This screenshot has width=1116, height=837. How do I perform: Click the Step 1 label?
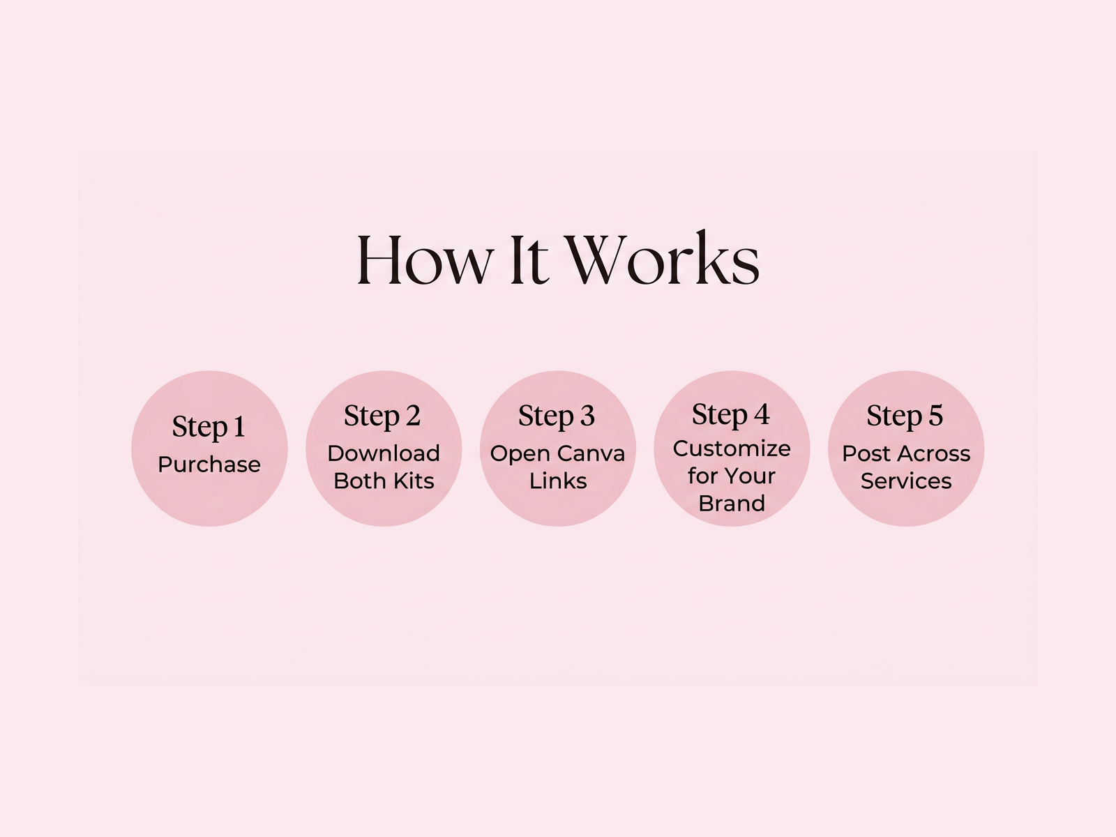(209, 427)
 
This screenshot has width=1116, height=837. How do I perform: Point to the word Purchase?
(209, 465)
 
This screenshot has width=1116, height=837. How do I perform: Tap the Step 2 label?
(382, 416)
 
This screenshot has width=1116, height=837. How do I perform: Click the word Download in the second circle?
(384, 453)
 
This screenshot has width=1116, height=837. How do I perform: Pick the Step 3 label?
(557, 416)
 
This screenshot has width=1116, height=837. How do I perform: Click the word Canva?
(595, 453)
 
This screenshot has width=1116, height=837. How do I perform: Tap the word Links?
(558, 481)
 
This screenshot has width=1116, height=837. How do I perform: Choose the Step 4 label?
(731, 415)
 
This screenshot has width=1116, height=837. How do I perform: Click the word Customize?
(732, 448)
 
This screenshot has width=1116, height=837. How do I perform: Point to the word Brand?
(732, 504)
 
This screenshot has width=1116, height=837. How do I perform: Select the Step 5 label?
(905, 416)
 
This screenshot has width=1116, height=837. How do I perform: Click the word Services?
(906, 481)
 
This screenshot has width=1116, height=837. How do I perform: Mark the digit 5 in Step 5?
(935, 416)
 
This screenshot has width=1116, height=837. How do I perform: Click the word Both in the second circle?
(359, 481)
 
